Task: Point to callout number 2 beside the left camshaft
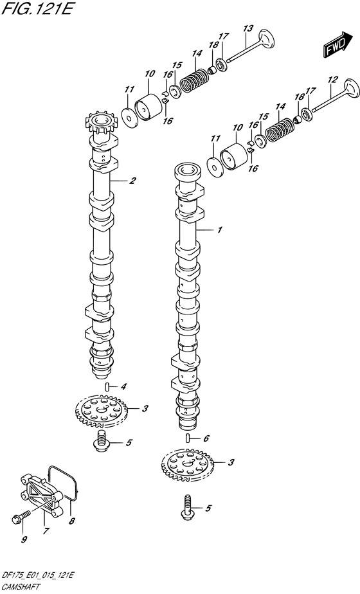click(x=132, y=181)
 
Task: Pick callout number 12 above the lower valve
click(x=332, y=80)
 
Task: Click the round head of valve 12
click(x=351, y=89)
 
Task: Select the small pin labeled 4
click(x=107, y=386)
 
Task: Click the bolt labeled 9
click(x=20, y=516)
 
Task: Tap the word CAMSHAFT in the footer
click(x=22, y=588)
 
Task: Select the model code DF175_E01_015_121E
click(x=38, y=576)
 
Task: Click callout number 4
click(x=123, y=386)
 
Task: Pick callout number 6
click(x=206, y=438)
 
